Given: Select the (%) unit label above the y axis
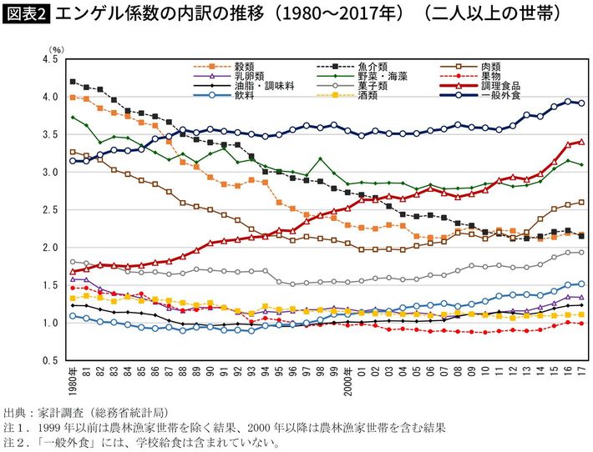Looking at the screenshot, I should click(56, 51).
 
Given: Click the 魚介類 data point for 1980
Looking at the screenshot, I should click(73, 82).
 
